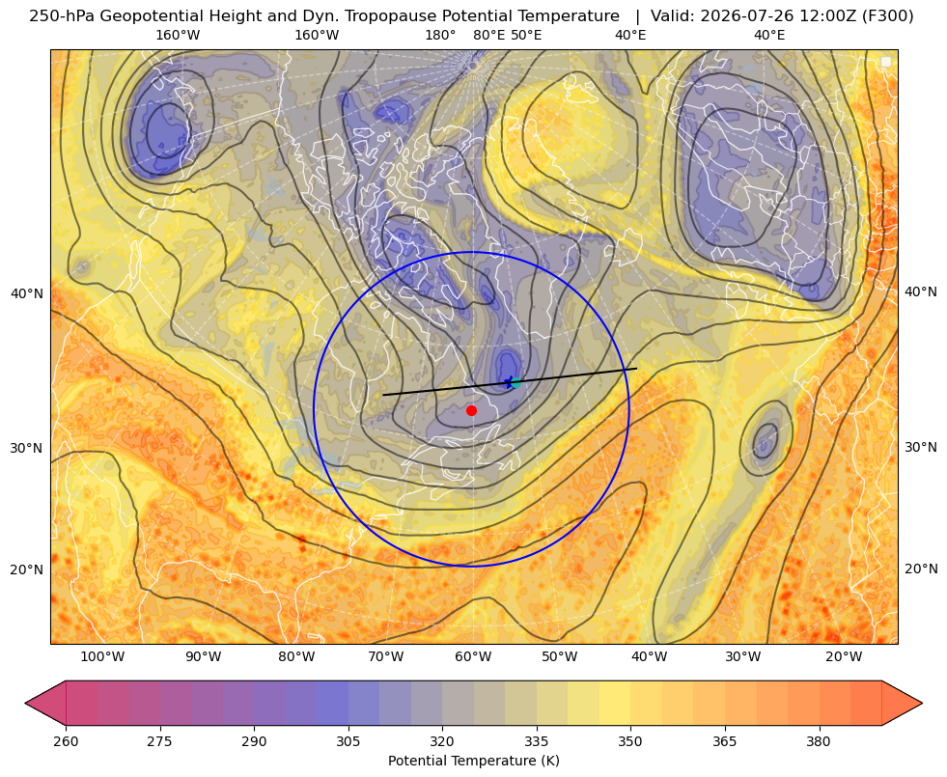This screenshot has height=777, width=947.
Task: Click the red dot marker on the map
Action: pyautogui.click(x=472, y=410)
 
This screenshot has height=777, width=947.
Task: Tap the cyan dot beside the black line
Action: pyautogui.click(x=515, y=382)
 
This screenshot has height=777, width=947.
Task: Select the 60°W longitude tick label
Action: pyautogui.click(x=473, y=657)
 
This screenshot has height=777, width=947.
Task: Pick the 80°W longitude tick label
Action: pyautogui.click(x=296, y=657)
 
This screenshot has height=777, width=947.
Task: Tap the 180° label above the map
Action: pyautogui.click(x=440, y=35)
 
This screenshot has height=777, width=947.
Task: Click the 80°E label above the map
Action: pyautogui.click(x=489, y=35)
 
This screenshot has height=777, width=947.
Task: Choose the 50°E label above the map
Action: pyautogui.click(x=526, y=35)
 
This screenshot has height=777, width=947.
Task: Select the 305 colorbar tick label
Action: pyautogui.click(x=348, y=741)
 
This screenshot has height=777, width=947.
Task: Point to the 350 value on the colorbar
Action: pyautogui.click(x=630, y=741)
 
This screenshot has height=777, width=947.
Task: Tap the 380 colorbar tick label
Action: pyautogui.click(x=819, y=741)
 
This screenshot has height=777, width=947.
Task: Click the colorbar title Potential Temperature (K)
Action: pyautogui.click(x=474, y=761)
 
